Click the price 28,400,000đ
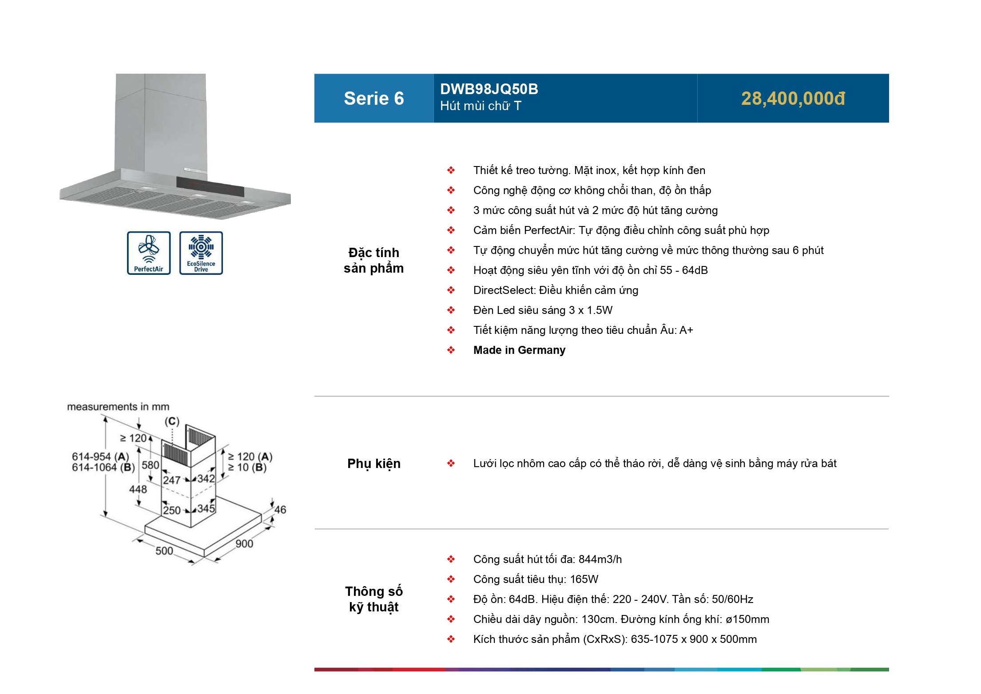[793, 99]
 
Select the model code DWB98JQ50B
[489, 89]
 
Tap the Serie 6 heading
[373, 99]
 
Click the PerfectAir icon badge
[149, 253]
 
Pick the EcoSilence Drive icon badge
[201, 253]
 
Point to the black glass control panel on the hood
[210, 186]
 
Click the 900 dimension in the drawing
[244, 543]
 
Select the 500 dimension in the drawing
[164, 551]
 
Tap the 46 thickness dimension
[280, 509]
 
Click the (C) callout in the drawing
[172, 421]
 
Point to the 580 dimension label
[150, 465]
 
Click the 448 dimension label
[138, 489]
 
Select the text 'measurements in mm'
[118, 407]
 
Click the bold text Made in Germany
[519, 350]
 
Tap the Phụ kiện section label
[373, 464]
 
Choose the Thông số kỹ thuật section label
[373, 599]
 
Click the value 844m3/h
[600, 559]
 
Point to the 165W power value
[584, 579]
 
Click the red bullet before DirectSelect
[451, 290]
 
